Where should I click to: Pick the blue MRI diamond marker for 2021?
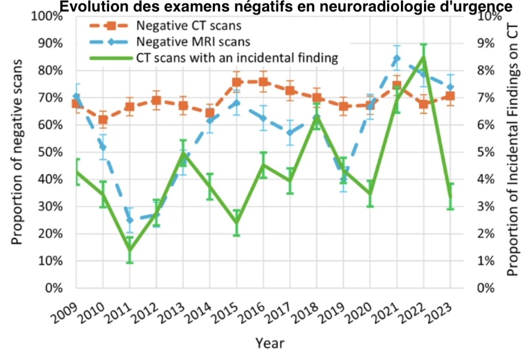pyautogui.click(x=397, y=58)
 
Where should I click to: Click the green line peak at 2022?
pyautogui.click(x=424, y=56)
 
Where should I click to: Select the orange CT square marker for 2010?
pyautogui.click(x=103, y=120)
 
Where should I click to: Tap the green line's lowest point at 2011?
pyautogui.click(x=130, y=250)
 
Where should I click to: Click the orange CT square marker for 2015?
pyautogui.click(x=237, y=82)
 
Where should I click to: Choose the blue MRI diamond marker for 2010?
pyautogui.click(x=103, y=147)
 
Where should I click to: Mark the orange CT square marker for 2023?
pyautogui.click(x=451, y=96)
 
